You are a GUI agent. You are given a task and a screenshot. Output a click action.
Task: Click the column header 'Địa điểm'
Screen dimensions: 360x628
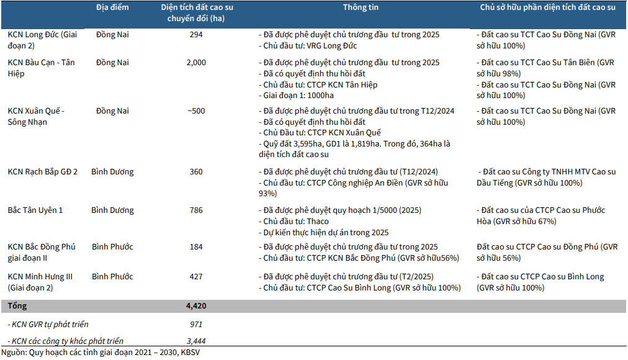pyautogui.click(x=112, y=7)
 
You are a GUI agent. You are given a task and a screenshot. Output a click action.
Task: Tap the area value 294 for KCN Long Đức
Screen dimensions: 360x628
pyautogui.click(x=196, y=35)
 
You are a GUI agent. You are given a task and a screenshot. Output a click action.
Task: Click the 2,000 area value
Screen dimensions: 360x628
pyautogui.click(x=196, y=63)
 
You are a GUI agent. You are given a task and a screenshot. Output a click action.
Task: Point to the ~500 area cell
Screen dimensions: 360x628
pyautogui.click(x=196, y=111)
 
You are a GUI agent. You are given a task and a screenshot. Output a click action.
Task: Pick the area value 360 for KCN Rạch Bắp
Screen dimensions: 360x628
pyautogui.click(x=196, y=172)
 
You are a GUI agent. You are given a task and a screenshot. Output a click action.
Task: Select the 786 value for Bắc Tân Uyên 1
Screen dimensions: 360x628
pyautogui.click(x=196, y=210)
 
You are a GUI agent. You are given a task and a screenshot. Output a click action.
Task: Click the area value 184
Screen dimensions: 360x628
pyautogui.click(x=196, y=247)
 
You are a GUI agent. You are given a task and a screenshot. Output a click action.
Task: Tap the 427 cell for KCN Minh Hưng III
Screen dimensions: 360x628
pyautogui.click(x=196, y=277)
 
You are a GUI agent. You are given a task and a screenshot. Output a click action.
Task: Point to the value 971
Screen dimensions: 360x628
pyautogui.click(x=196, y=325)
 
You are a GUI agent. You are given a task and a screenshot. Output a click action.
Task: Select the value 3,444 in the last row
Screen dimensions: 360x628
pyautogui.click(x=196, y=341)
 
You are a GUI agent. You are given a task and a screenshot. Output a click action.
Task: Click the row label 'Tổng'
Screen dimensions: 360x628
pyautogui.click(x=17, y=306)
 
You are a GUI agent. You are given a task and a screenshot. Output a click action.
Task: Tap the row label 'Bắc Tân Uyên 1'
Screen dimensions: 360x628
pyautogui.click(x=35, y=210)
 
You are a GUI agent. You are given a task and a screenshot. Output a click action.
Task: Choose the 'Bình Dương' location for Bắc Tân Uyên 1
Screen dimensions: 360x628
pyautogui.click(x=112, y=210)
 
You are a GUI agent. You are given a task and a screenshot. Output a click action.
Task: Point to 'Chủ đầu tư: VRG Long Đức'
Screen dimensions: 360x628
pyautogui.click(x=308, y=46)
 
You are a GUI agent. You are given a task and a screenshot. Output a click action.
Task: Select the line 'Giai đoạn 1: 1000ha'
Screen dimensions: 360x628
pyautogui.click(x=299, y=96)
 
